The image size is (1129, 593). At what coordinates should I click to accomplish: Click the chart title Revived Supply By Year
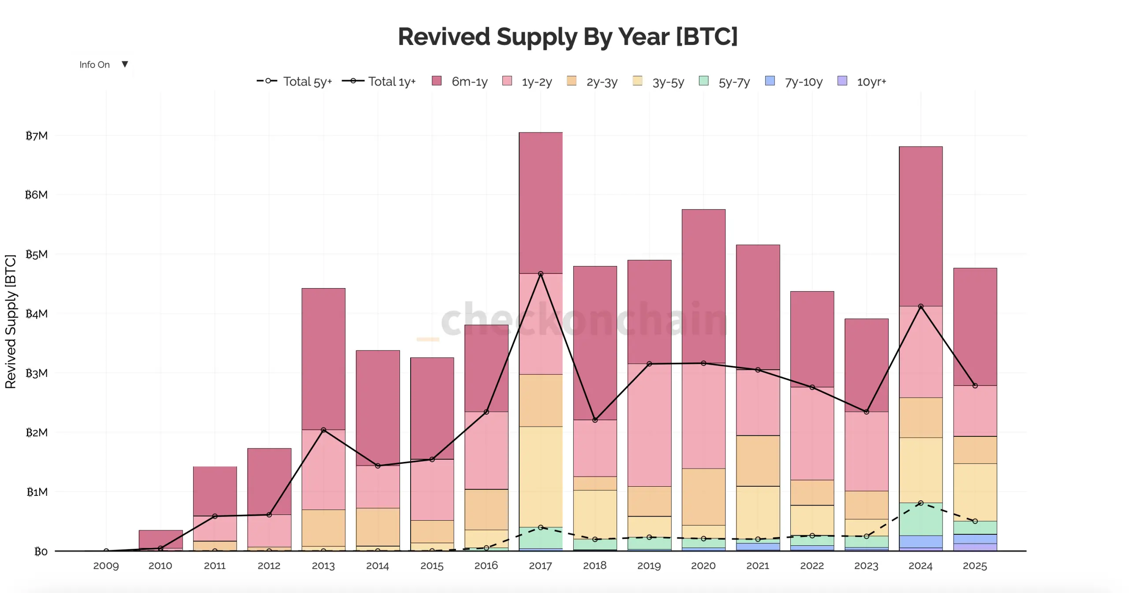coord(567,37)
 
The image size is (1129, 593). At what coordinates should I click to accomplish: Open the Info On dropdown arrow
coord(125,64)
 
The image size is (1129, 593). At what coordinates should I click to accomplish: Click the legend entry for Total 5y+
coord(294,82)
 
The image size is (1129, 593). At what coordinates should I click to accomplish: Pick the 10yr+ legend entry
coord(862,82)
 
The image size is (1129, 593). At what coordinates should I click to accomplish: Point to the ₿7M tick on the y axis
coord(37,136)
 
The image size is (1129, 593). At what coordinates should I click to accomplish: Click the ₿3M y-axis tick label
coord(37,373)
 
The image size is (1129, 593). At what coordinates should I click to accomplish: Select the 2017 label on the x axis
coord(540,566)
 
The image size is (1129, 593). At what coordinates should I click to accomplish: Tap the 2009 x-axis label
coord(106,566)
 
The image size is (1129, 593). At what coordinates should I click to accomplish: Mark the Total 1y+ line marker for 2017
coord(541,274)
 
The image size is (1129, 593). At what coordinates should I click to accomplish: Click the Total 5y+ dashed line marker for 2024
coord(920,503)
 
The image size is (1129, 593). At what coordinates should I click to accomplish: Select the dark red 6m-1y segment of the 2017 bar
coord(541,203)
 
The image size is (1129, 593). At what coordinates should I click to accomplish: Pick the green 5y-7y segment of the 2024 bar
coord(920,519)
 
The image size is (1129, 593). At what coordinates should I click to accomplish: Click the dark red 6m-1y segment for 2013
coord(323,359)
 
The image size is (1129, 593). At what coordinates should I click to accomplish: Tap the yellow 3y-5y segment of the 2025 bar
coord(975,492)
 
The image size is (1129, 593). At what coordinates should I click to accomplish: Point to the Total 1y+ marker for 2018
coord(595,420)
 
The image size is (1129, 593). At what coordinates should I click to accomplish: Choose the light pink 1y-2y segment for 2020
coord(703,416)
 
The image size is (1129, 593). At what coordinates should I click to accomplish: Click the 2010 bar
coord(161,539)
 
